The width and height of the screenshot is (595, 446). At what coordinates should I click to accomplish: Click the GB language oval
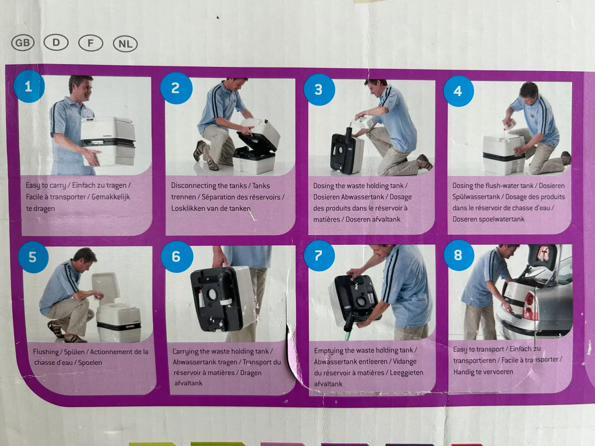23,43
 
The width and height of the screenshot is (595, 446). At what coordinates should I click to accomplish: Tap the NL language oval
125,44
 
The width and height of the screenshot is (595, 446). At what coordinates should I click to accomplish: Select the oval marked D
56,43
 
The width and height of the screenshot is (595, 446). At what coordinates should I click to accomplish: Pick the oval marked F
91,43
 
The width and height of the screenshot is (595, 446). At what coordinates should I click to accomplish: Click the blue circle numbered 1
29,87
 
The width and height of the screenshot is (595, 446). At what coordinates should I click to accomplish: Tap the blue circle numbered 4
458,91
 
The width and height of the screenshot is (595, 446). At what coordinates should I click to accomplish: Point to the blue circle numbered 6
177,256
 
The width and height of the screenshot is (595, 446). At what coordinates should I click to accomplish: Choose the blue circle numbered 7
319,256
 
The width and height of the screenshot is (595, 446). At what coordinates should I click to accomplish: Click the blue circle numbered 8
459,255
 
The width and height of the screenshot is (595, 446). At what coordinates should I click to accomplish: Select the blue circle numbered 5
33,257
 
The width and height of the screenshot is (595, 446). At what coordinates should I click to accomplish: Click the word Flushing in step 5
46,352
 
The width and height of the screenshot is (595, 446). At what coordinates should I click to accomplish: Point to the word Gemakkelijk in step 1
111,197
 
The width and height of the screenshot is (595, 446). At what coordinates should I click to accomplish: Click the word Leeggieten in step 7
406,373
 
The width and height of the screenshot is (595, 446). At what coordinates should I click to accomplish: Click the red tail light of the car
530,306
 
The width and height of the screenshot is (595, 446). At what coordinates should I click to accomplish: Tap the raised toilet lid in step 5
106,288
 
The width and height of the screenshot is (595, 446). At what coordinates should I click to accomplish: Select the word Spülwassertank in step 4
476,197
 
